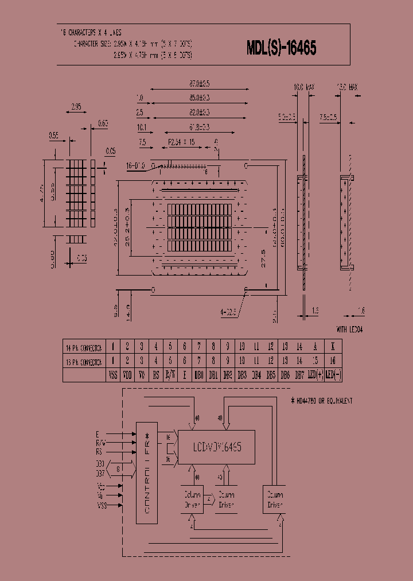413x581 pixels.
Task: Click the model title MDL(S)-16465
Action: point(281,49)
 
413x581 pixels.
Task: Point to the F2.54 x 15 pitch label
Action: point(181,142)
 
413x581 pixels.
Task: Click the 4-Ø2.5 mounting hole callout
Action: point(228,313)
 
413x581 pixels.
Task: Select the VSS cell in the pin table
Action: point(113,375)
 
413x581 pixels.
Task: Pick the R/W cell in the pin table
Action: point(170,375)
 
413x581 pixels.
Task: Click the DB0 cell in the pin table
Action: point(199,375)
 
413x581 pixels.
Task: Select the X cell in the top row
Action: point(333,347)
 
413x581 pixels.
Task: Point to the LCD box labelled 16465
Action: point(217,446)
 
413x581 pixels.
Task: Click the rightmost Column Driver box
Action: point(274,499)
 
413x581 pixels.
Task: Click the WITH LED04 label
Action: point(349,330)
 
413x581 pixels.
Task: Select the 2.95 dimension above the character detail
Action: point(76,107)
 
